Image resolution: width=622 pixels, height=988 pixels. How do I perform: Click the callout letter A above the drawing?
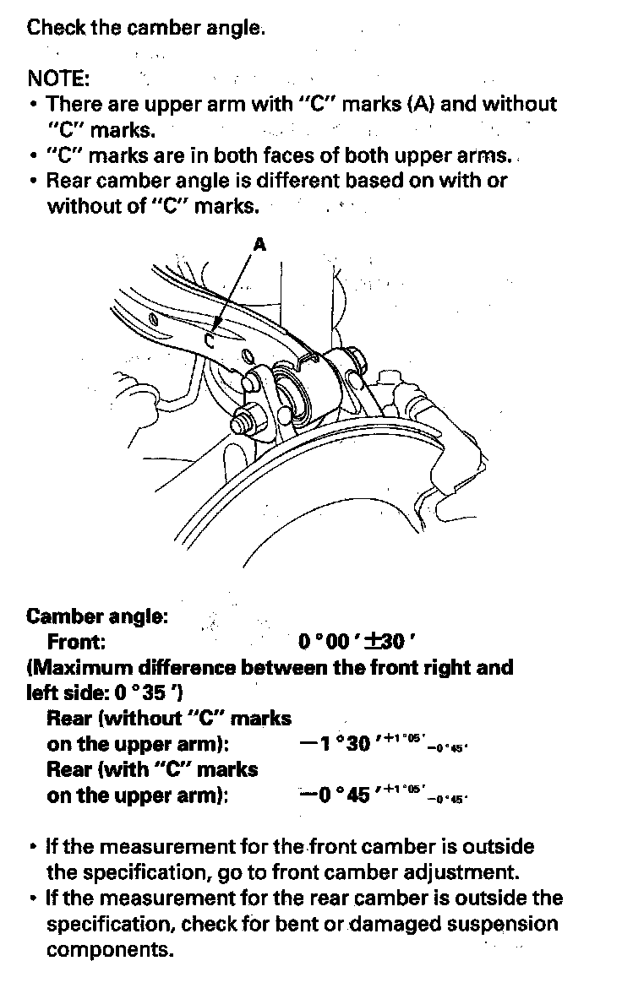259,244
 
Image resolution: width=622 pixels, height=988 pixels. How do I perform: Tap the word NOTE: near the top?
58,79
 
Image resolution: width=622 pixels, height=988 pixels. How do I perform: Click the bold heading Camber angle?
97,616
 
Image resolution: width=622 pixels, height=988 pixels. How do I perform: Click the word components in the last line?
110,949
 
